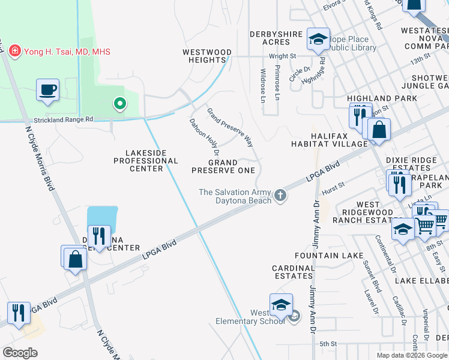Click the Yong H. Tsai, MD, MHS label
click(x=67, y=52)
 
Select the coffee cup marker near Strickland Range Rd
click(x=47, y=90)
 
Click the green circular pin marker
click(x=120, y=104)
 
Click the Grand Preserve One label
click(x=223, y=166)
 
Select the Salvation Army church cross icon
click(x=280, y=195)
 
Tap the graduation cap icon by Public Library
click(x=318, y=40)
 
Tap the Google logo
click(x=20, y=353)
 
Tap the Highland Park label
click(x=382, y=98)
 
